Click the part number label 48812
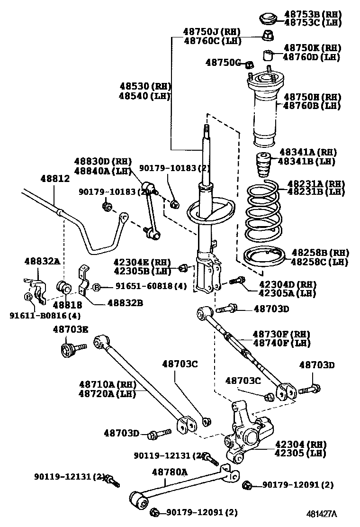click(x=55, y=179)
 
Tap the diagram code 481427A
click(x=321, y=514)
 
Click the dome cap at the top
click(x=268, y=19)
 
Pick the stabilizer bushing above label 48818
click(x=63, y=287)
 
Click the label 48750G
click(x=224, y=63)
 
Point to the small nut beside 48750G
click(x=251, y=64)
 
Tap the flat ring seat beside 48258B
click(x=263, y=258)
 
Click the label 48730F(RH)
click(x=281, y=334)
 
